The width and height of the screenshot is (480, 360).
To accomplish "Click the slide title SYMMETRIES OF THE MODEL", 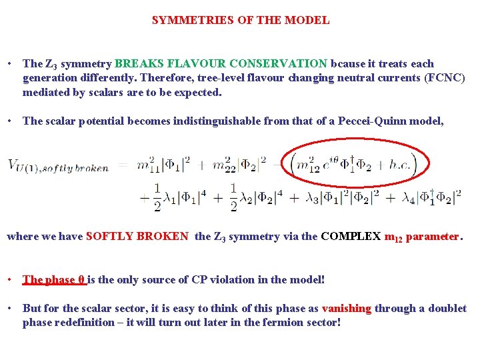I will [x=240, y=20].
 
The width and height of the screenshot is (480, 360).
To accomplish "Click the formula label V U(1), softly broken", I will [x=58, y=166].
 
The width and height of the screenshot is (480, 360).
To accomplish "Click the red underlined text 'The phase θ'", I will [x=55, y=280].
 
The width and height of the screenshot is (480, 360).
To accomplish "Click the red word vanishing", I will [x=347, y=309].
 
